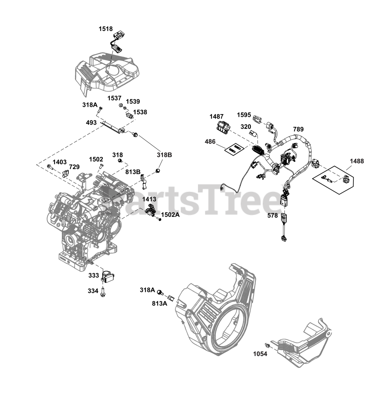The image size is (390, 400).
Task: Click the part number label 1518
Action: (106, 29)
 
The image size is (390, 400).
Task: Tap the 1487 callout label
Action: (216, 117)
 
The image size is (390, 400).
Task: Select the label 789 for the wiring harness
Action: (298, 129)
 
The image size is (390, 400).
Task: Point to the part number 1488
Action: (357, 161)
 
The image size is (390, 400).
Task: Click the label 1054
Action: (260, 354)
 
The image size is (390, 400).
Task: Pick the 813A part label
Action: (160, 303)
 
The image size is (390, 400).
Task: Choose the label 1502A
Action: (170, 215)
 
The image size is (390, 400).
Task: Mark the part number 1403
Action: (60, 162)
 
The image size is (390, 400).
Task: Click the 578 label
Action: (273, 215)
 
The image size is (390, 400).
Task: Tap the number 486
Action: (210, 142)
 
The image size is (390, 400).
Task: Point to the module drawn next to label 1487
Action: (223, 127)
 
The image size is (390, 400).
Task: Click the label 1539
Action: (133, 102)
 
